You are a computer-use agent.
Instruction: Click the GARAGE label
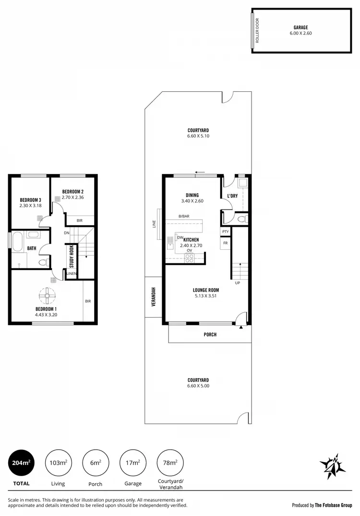click(x=300, y=28)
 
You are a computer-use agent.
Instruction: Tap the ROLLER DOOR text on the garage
click(x=257, y=31)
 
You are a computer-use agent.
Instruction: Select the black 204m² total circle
click(x=22, y=463)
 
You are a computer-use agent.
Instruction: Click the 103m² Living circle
click(x=58, y=463)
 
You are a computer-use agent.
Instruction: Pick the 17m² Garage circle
click(x=133, y=463)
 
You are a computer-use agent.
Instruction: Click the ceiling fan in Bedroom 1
click(x=47, y=295)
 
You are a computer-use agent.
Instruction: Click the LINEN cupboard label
click(x=72, y=274)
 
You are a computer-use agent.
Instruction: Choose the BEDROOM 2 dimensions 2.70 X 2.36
click(x=73, y=197)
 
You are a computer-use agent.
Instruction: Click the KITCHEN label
click(x=191, y=240)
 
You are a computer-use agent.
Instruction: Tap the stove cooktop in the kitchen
click(x=189, y=257)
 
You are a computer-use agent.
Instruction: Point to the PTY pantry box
click(x=225, y=232)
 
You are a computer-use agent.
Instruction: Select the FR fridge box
click(x=225, y=244)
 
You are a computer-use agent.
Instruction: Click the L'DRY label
click(x=232, y=196)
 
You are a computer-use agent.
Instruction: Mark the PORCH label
click(x=210, y=335)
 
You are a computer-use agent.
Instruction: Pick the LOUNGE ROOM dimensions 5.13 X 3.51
click(x=206, y=296)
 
